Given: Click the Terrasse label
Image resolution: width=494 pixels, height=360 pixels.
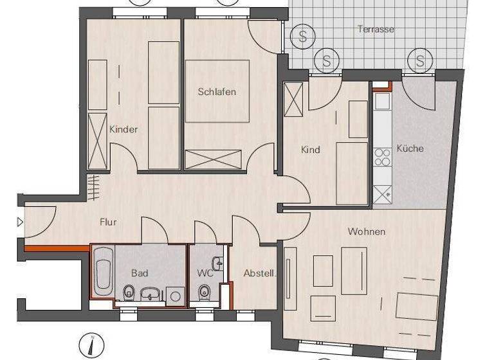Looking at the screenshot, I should coord(376,30).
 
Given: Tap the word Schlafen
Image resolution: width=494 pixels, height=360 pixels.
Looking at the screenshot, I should coord(217,92).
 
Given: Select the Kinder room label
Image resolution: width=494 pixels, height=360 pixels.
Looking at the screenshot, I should coord(123,129).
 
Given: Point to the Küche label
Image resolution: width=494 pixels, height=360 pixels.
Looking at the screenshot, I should coord(410,148).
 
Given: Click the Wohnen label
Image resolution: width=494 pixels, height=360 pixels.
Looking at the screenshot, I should coord(367,231).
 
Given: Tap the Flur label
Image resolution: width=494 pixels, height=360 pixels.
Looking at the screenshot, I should coord(108,222).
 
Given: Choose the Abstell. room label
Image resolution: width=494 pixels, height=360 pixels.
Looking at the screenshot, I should coord(260,273).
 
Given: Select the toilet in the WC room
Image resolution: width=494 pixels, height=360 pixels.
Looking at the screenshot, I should coord(205,293).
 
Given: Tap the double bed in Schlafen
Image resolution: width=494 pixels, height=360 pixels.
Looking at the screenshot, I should coord(217,91).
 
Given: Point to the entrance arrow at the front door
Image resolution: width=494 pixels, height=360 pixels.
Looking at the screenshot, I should coord(20,222).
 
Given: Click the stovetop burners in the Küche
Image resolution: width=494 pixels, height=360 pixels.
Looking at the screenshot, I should coord(382,157).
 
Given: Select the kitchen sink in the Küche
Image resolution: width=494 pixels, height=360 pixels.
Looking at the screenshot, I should coord(382,102).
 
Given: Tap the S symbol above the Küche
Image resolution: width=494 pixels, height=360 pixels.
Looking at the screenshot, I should coord(420,62).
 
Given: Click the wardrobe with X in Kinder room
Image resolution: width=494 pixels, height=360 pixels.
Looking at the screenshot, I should coord(98,138).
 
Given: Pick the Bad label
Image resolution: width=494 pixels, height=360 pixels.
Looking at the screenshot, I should coord(140,273).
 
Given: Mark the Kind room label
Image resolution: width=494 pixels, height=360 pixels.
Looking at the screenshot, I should coord(311,150).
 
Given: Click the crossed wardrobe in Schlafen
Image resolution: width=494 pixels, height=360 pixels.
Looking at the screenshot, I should coord(213,159).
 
